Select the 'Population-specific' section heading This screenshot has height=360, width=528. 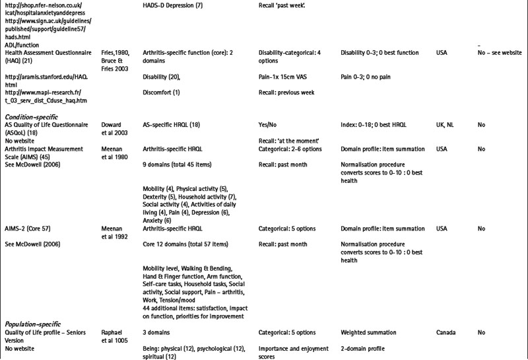pyautogui.click(x=34, y=324)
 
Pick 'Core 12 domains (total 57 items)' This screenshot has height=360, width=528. pyautogui.click(x=185, y=244)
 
